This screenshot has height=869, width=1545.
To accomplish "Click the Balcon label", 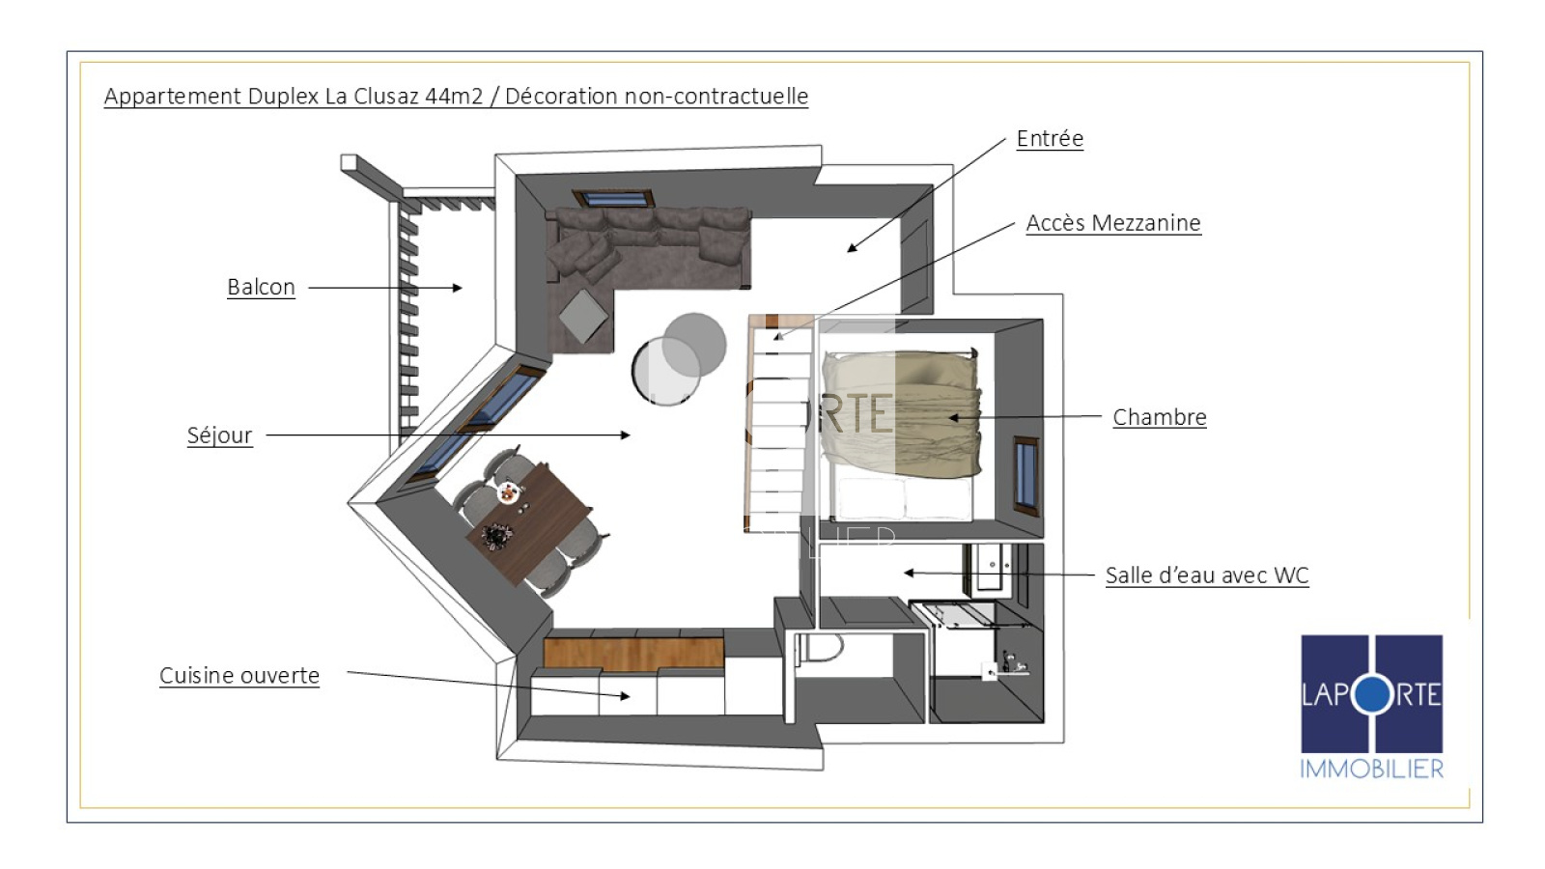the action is coord(261,287).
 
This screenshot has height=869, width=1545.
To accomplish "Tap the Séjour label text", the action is coord(219,435).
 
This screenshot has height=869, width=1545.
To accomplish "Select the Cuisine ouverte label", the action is coord(239,675).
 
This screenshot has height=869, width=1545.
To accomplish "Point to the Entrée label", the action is coord(1050,139).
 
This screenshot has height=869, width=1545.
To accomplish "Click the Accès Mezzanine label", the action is coord(1113,223).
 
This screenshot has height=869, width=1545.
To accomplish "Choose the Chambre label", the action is coord(1160,417).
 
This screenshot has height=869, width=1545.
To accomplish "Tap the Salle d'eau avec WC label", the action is coord(1207,575).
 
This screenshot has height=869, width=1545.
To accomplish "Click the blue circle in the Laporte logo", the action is coord(1372,694).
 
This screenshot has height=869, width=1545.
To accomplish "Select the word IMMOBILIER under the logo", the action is coord(1371,769).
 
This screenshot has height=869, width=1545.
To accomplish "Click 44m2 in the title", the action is coord(454,96).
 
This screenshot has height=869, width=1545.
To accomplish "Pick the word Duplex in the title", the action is coord(284,96).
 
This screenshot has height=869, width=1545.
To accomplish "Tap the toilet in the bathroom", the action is coord(820,648).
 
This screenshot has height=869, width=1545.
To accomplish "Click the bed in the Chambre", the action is coord(902,434).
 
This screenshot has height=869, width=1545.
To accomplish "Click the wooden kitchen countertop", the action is coord(633,653).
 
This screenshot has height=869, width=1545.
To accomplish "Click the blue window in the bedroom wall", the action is coord(1025,476).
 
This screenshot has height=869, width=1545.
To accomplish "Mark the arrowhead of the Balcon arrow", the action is coord(458,288).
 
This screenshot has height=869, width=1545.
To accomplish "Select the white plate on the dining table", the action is coord(508,492).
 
